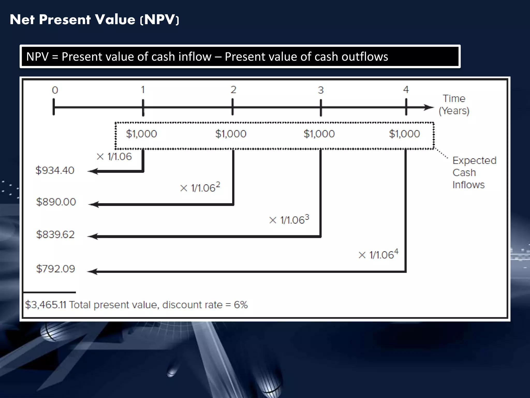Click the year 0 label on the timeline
pyautogui.click(x=55, y=90)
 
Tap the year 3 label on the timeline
pyautogui.click(x=321, y=90)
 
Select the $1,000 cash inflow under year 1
pyautogui.click(x=141, y=134)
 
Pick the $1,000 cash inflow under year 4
pyautogui.click(x=404, y=134)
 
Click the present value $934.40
pyautogui.click(x=55, y=170)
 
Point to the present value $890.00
pyautogui.click(x=56, y=202)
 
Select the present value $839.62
pyautogui.click(x=55, y=234)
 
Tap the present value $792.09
pyautogui.click(x=55, y=269)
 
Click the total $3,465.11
pyautogui.click(x=46, y=305)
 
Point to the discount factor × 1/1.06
pyautogui.click(x=114, y=157)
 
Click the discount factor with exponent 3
pyautogui.click(x=289, y=220)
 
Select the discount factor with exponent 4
pyautogui.click(x=378, y=254)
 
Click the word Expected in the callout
pyautogui.click(x=474, y=161)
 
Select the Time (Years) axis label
pyautogui.click(x=454, y=105)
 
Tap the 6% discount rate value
pyautogui.click(x=241, y=305)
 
